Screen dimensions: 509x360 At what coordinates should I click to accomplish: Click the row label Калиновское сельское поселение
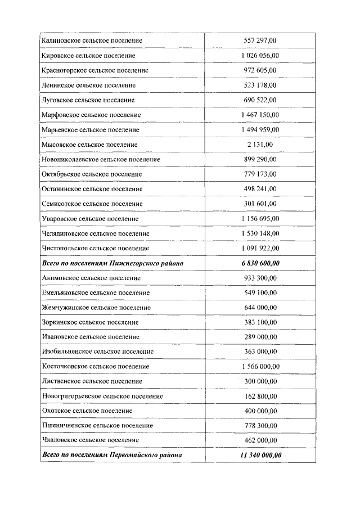[92, 40]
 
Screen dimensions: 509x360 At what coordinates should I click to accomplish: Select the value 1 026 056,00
[260, 56]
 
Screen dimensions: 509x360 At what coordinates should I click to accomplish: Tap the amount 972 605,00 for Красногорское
[260, 70]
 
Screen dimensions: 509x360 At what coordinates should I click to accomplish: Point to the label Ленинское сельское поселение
[89, 85]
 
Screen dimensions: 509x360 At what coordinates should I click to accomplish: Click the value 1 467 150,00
[260, 115]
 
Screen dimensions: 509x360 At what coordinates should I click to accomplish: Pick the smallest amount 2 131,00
[260, 145]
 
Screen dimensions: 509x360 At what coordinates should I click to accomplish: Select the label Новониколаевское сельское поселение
[101, 159]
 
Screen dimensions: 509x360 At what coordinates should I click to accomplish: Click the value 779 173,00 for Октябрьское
[260, 174]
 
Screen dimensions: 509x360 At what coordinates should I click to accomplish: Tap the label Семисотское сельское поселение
[92, 204]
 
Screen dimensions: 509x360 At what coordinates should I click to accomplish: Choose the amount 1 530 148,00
[260, 233]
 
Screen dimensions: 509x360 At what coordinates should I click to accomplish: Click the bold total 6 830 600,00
[260, 263]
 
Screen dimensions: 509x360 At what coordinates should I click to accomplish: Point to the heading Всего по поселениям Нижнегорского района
[112, 263]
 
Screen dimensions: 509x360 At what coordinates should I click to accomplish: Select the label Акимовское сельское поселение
[92, 278]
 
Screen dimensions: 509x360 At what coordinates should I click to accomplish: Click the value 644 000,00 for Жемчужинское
[260, 308]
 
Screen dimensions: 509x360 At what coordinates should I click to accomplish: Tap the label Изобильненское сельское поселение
[98, 352]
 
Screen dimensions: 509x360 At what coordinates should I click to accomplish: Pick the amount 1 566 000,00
[260, 366]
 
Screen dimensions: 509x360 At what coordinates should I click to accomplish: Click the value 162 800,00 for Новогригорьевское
[260, 396]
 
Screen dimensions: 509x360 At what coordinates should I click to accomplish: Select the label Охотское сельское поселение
[87, 411]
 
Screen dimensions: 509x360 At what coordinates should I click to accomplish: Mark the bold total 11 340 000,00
[260, 454]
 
